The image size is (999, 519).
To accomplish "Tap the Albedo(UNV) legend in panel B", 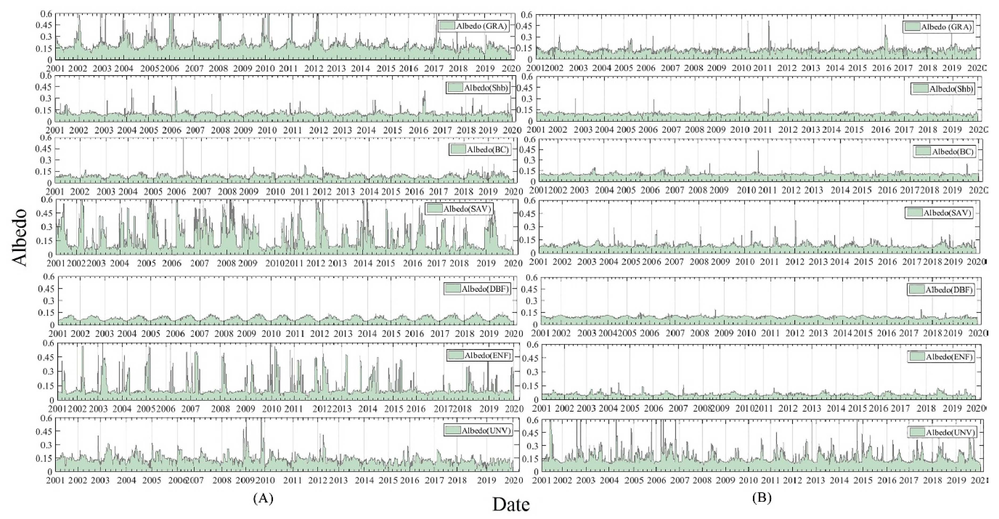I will (x=942, y=432).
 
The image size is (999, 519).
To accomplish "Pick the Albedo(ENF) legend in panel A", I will (x=479, y=355).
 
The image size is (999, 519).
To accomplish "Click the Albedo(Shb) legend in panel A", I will (x=478, y=88).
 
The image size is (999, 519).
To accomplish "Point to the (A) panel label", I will (x=263, y=498).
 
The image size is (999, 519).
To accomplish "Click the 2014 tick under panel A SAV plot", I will (x=363, y=263).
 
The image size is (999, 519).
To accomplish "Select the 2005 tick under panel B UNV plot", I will (x=634, y=480).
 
